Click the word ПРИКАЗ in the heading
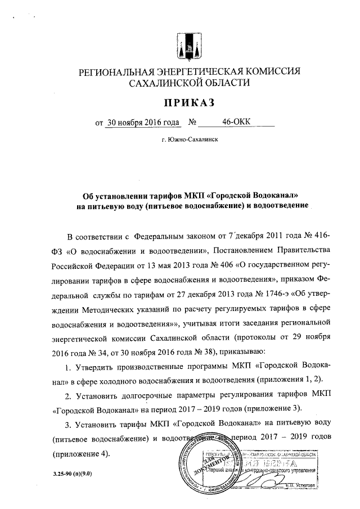189,102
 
